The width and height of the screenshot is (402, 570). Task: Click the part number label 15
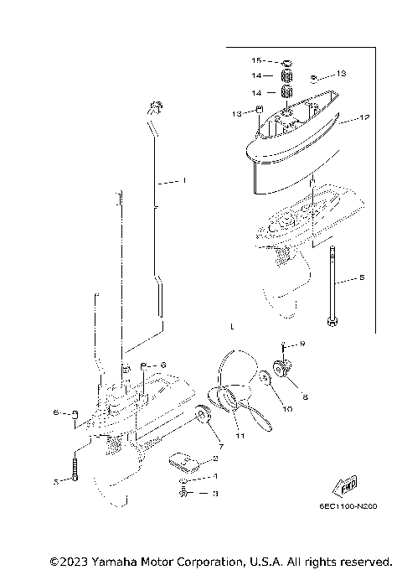point(257,61)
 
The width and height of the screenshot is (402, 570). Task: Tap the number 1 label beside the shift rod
point(184,180)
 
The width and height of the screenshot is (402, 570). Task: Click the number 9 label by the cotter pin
point(303,344)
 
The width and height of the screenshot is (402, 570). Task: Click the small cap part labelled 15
point(285,61)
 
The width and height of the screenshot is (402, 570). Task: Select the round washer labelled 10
point(265,380)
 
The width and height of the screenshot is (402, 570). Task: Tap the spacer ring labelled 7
point(201,415)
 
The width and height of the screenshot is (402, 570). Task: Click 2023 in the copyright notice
point(72,560)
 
